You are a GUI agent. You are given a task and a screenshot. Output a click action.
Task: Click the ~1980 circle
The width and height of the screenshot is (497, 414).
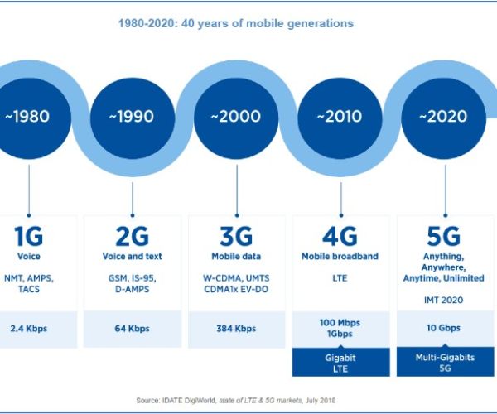29,116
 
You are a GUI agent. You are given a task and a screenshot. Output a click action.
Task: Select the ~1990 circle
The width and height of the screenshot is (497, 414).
133,116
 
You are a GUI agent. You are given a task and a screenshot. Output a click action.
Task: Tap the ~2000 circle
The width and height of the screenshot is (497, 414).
236,116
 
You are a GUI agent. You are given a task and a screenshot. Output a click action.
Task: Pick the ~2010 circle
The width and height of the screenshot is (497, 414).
340,116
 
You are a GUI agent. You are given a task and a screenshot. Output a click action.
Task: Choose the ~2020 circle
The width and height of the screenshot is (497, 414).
445,116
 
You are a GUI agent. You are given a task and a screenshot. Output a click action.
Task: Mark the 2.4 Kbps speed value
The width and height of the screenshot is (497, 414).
29,329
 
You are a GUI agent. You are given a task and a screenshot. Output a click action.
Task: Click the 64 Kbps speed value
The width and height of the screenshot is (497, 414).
133,329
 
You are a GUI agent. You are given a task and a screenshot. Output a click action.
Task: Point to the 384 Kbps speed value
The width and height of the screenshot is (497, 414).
236,329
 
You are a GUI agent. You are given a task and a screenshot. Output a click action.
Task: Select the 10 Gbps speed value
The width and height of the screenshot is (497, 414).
445,328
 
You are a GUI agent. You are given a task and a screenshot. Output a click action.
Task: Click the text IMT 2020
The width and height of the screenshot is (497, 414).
445,299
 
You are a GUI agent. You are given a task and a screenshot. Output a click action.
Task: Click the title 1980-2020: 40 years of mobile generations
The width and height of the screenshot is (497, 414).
235,23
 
